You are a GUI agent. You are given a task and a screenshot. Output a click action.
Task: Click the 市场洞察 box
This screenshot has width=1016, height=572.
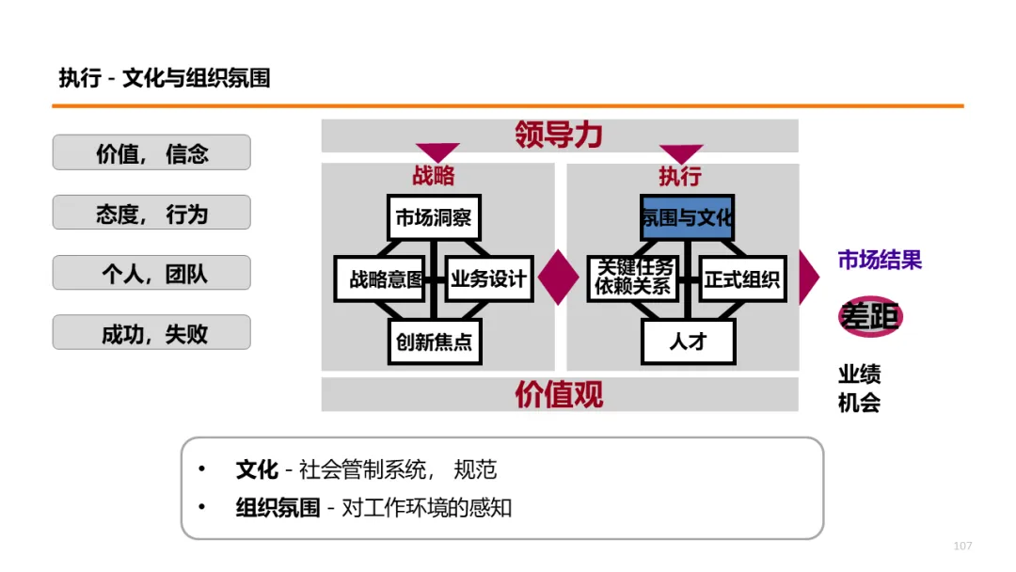pyautogui.click(x=434, y=218)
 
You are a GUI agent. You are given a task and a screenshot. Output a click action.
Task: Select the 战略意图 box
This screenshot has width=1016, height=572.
pyautogui.click(x=380, y=278)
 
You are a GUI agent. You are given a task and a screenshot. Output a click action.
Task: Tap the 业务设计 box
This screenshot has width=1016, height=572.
pyautogui.click(x=489, y=278)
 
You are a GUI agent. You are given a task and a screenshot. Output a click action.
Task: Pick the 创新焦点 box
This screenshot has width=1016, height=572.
pyautogui.click(x=434, y=342)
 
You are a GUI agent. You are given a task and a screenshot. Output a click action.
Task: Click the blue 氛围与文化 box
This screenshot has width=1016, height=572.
pyautogui.click(x=687, y=218)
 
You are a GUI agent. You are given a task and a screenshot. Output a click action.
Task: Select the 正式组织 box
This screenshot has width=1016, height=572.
pyautogui.click(x=742, y=278)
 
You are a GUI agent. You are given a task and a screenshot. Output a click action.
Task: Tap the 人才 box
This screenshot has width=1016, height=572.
pyautogui.click(x=688, y=342)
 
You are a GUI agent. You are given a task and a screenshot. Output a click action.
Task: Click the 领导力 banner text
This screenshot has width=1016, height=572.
pyautogui.click(x=559, y=135)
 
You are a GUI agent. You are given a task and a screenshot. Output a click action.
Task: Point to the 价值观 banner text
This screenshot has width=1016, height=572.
pyautogui.click(x=559, y=394)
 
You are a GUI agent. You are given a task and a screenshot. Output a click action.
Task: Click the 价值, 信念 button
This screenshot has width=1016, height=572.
pyautogui.click(x=151, y=152)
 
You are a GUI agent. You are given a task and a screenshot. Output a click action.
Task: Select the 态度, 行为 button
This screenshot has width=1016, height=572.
pyautogui.click(x=151, y=213)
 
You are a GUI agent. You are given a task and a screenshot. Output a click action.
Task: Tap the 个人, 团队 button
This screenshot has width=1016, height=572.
pyautogui.click(x=151, y=273)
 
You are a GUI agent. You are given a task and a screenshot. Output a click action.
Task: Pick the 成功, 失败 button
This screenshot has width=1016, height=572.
pyautogui.click(x=151, y=332)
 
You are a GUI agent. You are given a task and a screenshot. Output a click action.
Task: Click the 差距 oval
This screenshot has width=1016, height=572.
pyautogui.click(x=870, y=317)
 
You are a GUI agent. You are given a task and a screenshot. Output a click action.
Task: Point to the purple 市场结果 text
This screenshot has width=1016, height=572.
pyautogui.click(x=880, y=261)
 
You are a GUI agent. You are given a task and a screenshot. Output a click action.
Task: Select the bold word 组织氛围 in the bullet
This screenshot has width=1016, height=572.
pyautogui.click(x=278, y=508)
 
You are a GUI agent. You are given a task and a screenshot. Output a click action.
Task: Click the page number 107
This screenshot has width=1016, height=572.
pyautogui.click(x=962, y=547)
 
